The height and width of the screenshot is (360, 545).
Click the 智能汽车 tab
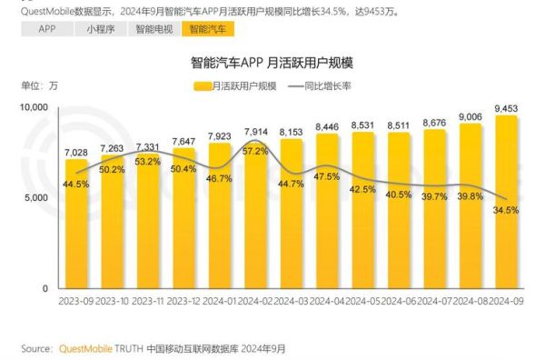[208, 29]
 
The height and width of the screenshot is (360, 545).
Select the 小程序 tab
[102, 29]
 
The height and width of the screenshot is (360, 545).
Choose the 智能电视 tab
[154, 29]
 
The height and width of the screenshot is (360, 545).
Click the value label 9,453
[506, 108]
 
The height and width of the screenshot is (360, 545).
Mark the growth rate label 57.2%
[255, 151]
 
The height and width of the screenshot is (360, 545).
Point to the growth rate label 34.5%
[505, 210]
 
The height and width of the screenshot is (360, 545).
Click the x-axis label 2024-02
[255, 301]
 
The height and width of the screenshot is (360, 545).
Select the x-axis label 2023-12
[183, 301]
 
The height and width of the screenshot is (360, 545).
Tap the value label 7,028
[75, 152]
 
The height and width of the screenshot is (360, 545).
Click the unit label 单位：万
[39, 86]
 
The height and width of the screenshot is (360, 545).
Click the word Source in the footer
[36, 347]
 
